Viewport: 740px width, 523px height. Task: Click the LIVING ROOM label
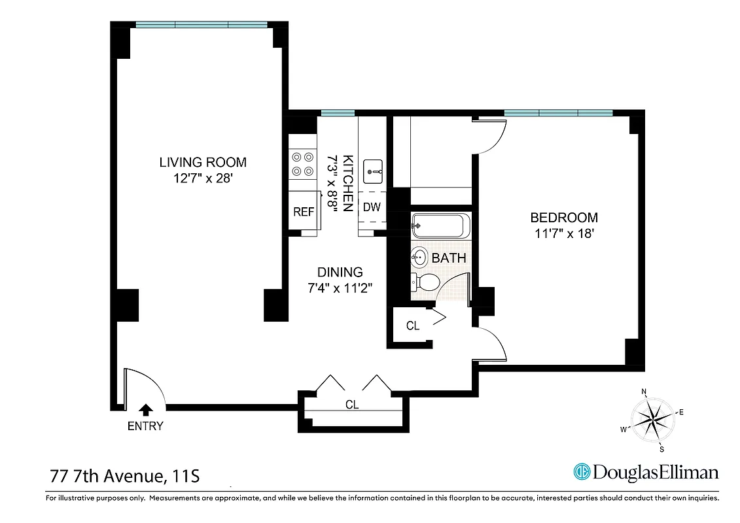click(x=203, y=162)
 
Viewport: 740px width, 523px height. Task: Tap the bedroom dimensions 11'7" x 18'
click(x=563, y=233)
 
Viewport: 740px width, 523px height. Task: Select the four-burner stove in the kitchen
click(x=302, y=163)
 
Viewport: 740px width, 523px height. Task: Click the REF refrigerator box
click(x=304, y=211)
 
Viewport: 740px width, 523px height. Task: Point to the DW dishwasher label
click(x=372, y=207)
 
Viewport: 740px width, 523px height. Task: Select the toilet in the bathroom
click(x=426, y=282)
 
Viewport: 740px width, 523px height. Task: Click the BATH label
click(x=449, y=258)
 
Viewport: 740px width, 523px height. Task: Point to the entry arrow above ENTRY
click(x=145, y=410)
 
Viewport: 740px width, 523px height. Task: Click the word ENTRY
click(x=145, y=427)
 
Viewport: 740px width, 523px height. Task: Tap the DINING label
click(x=340, y=272)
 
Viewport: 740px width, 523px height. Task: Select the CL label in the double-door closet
click(x=352, y=405)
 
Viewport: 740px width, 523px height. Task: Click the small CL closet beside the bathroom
click(x=412, y=326)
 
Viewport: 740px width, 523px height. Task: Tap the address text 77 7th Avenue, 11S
click(x=124, y=475)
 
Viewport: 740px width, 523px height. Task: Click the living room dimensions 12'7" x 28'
click(x=203, y=178)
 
